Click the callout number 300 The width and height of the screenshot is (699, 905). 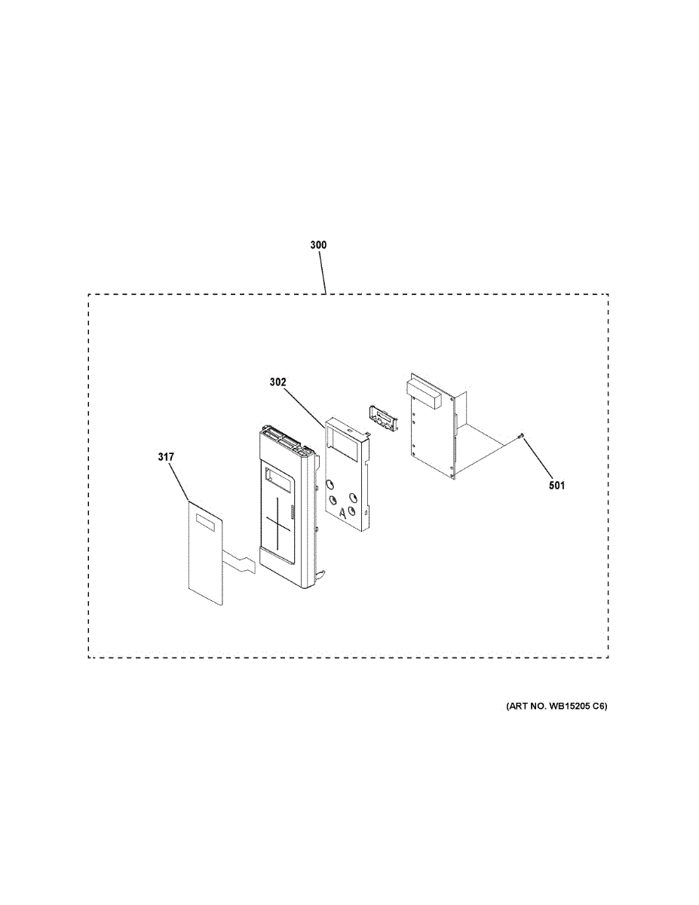point(318,245)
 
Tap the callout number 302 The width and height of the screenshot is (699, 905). point(277,382)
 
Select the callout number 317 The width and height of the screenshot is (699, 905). point(166,457)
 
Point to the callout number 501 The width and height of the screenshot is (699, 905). point(556,485)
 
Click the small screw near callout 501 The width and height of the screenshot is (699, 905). point(520,436)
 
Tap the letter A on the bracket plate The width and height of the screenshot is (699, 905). point(342,514)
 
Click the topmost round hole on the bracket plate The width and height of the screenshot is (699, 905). point(330,484)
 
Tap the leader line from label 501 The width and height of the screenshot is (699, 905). point(537,457)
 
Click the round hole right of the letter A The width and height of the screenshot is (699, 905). point(353,511)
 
